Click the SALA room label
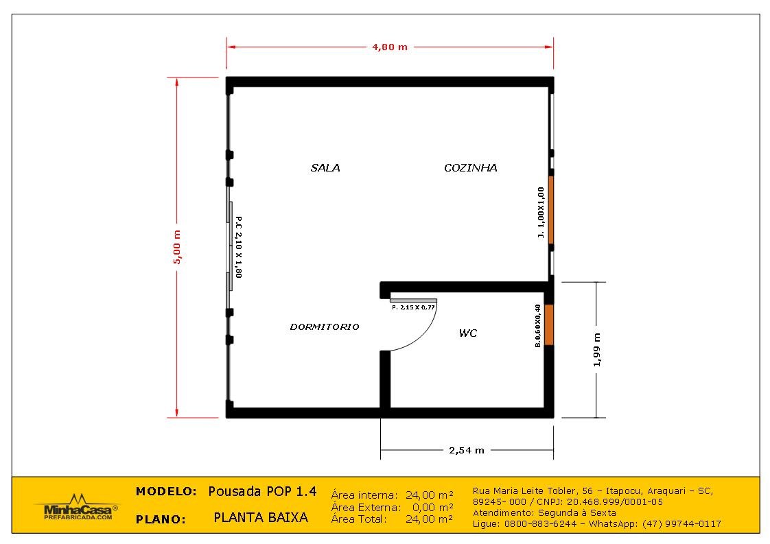[x=325, y=168]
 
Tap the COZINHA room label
[x=471, y=168]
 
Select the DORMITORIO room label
[x=325, y=327]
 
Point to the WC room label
[x=468, y=333]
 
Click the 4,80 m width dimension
[x=390, y=47]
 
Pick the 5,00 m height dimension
[x=177, y=247]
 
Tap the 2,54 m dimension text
[x=467, y=450]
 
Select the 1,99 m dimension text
[x=597, y=350]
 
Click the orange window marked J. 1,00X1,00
[x=551, y=210]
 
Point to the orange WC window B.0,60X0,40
[x=549, y=324]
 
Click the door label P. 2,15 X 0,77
[x=414, y=307]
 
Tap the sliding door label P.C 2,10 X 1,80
[x=239, y=247]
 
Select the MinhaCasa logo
[x=76, y=507]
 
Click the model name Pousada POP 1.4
[x=262, y=491]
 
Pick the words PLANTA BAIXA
[x=261, y=517]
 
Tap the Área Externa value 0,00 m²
[x=432, y=507]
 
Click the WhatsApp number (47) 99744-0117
[x=681, y=524]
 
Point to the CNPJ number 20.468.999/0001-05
[x=615, y=501]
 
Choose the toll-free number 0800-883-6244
[x=541, y=524]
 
